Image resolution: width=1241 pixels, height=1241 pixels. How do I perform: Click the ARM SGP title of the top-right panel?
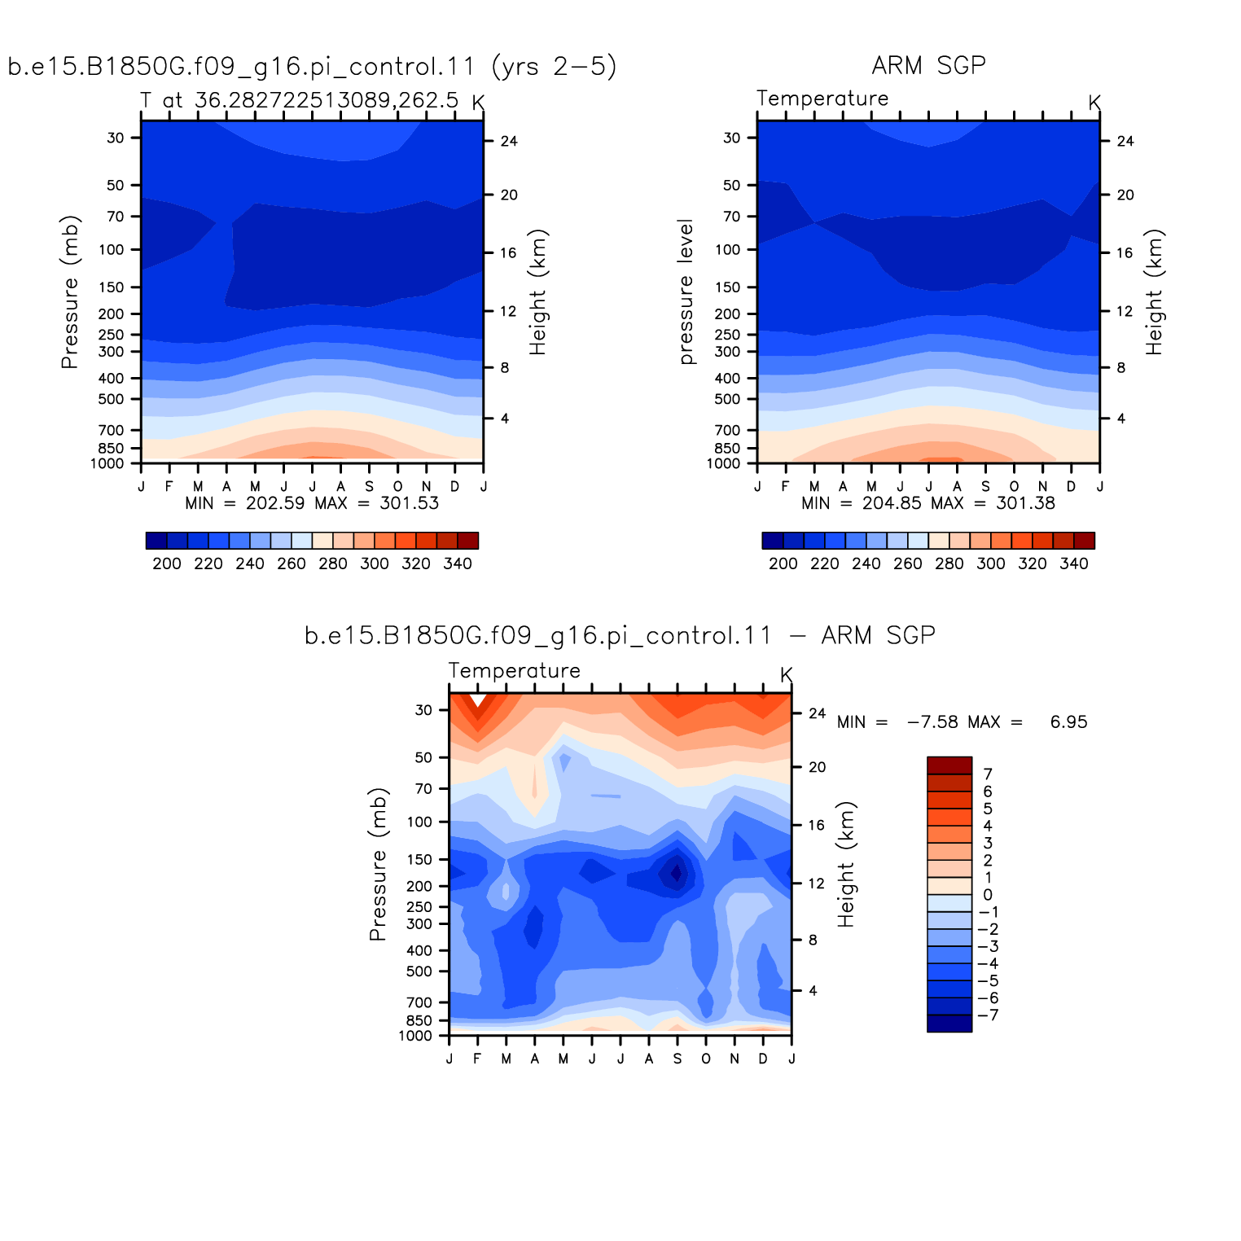[928, 65]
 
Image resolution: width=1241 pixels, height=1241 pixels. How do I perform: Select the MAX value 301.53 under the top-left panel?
[409, 503]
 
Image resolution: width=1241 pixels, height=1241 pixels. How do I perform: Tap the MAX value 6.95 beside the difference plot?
[1068, 722]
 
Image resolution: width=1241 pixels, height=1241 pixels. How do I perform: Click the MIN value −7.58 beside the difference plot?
[934, 722]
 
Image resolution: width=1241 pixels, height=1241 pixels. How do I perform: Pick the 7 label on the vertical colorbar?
[988, 774]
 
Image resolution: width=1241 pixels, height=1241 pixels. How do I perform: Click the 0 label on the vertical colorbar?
[988, 895]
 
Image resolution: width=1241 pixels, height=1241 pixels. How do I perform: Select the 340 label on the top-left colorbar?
[458, 563]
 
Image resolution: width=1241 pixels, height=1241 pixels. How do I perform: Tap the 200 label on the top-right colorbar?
[783, 563]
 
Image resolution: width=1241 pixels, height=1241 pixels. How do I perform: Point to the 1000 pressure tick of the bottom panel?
[415, 1036]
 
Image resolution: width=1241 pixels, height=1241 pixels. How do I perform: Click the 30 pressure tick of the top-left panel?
[116, 138]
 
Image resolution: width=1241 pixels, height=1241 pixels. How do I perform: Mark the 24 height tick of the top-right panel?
[1125, 142]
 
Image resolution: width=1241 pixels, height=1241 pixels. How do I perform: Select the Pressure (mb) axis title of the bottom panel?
[378, 864]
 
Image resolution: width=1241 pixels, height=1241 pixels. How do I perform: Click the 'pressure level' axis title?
[686, 292]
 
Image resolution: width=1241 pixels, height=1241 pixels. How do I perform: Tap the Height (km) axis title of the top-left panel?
[537, 292]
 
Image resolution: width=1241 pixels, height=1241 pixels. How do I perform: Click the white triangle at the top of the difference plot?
[478, 699]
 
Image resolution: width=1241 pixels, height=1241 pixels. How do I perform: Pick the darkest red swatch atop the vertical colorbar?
[949, 765]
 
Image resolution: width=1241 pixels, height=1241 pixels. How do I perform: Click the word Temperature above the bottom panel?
[515, 671]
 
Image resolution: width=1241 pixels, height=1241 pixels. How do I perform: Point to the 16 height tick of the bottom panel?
[817, 826]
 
